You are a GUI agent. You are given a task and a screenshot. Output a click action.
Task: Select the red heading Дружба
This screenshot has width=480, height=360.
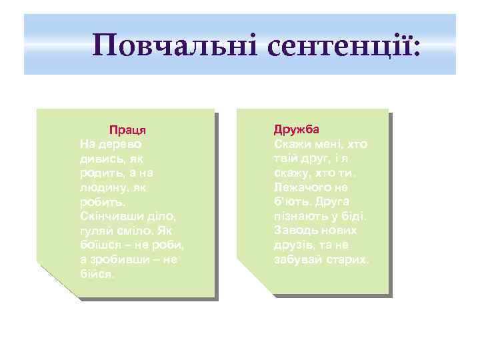(x=297, y=129)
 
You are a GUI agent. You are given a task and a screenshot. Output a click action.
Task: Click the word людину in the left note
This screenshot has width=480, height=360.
(x=99, y=188)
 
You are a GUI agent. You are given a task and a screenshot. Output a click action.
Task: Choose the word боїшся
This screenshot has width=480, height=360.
(x=99, y=245)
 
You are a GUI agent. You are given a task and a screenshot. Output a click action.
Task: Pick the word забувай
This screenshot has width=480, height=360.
(x=295, y=259)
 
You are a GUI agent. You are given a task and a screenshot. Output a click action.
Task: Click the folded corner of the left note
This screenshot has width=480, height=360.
(x=53, y=280)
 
